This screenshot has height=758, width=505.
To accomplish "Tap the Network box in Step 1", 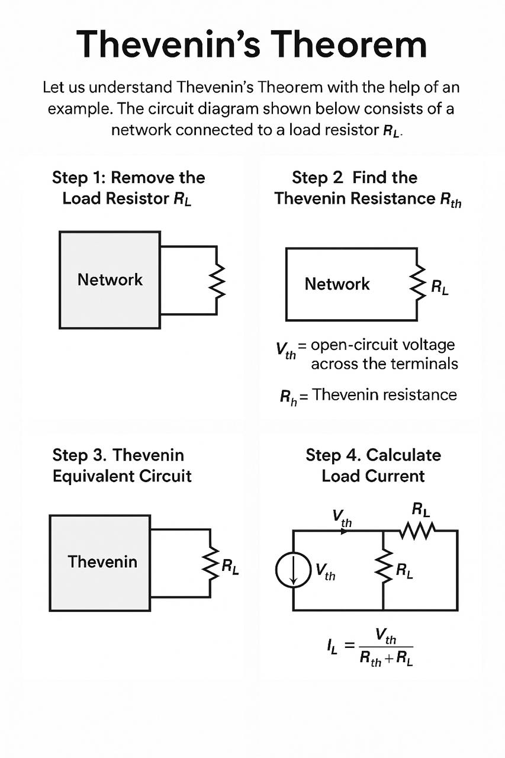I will click(110, 280).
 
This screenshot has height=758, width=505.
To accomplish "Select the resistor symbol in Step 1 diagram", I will click(217, 281).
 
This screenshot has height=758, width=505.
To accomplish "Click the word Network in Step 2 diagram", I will click(337, 284).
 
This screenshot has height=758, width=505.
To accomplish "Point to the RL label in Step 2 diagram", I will click(439, 288).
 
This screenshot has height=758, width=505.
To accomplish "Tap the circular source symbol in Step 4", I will click(293, 570).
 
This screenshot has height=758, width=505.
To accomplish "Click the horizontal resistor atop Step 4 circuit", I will click(418, 531).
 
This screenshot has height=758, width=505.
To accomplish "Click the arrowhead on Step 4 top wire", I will click(344, 531).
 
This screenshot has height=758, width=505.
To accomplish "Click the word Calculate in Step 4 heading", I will click(404, 455).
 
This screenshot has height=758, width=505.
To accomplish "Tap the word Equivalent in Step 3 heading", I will click(94, 476).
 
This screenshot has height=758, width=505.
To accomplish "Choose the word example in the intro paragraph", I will click(74, 109).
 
